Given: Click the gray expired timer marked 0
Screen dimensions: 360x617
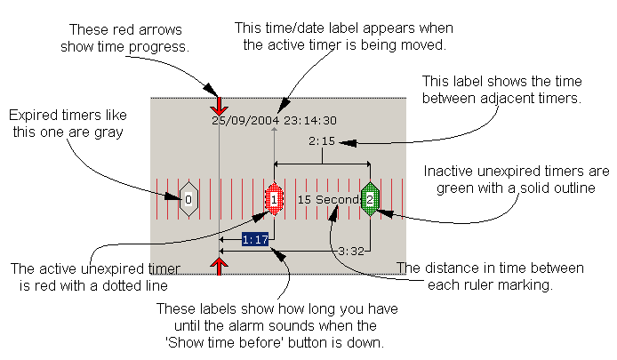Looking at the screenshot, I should point(188,199).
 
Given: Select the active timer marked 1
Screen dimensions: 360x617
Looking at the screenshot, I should point(275,199).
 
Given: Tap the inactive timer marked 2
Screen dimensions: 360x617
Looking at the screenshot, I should point(370,199).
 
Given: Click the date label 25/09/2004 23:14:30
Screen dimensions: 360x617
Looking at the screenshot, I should point(274,120).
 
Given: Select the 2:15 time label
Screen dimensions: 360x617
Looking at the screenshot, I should point(321,141).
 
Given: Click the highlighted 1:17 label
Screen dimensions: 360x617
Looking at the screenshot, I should point(256,239).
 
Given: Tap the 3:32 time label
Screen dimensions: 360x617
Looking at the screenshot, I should point(350,252).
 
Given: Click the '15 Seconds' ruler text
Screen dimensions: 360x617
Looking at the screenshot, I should point(328,199).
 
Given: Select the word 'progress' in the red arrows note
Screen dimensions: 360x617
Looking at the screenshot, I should point(166,47).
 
